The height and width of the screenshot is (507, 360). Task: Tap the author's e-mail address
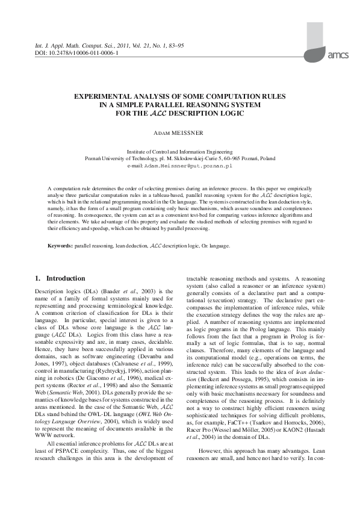[x=197, y=164]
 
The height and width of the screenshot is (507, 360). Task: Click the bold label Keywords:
[x=60, y=246]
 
